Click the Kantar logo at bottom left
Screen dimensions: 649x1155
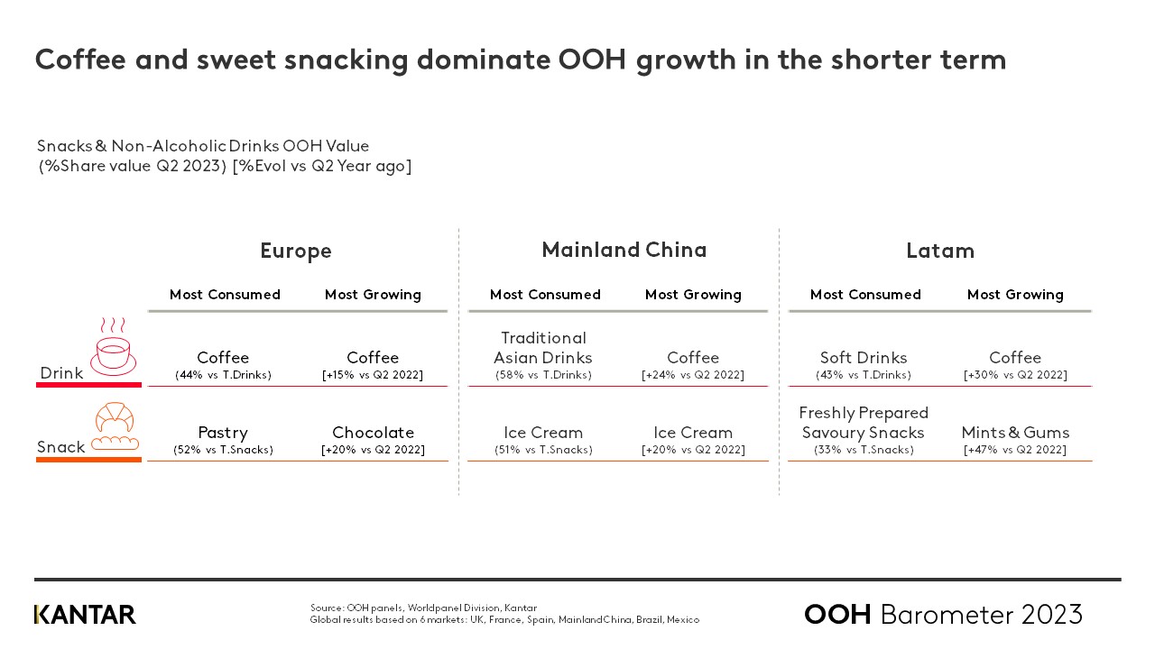(85, 615)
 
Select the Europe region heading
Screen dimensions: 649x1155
(296, 251)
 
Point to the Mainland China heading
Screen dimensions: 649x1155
(624, 250)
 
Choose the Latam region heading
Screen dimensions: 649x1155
(940, 251)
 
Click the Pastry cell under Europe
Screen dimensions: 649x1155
(223, 433)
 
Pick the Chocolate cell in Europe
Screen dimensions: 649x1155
(373, 433)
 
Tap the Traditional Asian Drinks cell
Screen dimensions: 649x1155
(543, 348)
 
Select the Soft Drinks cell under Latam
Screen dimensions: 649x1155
(864, 358)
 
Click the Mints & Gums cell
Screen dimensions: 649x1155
(1015, 433)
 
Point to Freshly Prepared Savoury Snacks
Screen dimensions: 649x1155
(864, 423)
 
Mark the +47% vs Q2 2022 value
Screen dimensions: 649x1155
(1015, 450)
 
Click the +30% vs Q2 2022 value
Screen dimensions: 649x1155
(1015, 375)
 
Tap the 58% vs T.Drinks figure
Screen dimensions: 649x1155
(543, 375)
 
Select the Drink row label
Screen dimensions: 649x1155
(61, 373)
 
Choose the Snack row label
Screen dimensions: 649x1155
(61, 447)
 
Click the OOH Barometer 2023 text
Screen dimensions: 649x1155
(943, 615)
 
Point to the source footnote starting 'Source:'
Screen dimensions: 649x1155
(423, 608)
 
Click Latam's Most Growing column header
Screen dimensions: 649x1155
(1015, 295)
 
